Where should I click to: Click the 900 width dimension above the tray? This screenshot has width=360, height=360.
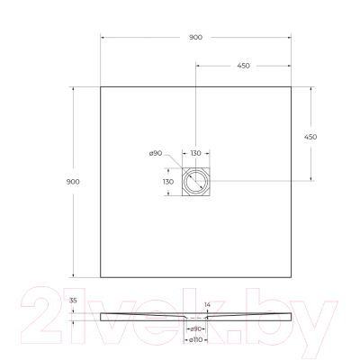pyautogui.click(x=196, y=38)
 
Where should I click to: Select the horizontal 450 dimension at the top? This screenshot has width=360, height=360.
pyautogui.click(x=243, y=67)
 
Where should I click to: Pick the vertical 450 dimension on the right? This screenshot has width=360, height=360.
pyautogui.click(x=311, y=136)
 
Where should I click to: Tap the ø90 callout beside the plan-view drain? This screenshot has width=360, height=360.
pyautogui.click(x=155, y=154)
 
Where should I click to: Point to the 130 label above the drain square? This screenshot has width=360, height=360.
pyautogui.click(x=195, y=154)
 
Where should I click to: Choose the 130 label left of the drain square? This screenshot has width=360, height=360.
pyautogui.click(x=167, y=182)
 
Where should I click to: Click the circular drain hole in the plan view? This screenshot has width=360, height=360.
pyautogui.click(x=195, y=183)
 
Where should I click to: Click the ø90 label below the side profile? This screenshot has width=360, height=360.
pyautogui.click(x=193, y=330)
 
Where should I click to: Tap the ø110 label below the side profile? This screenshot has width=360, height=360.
pyautogui.click(x=193, y=340)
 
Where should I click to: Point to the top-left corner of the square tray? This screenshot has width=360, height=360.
pyautogui.click(x=100, y=86)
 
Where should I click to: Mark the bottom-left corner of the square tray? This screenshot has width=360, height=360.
pyautogui.click(x=100, y=278)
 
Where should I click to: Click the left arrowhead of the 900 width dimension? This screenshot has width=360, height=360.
pyautogui.click(x=102, y=38)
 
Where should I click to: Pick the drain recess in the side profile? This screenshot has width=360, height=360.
pyautogui.click(x=195, y=319)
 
